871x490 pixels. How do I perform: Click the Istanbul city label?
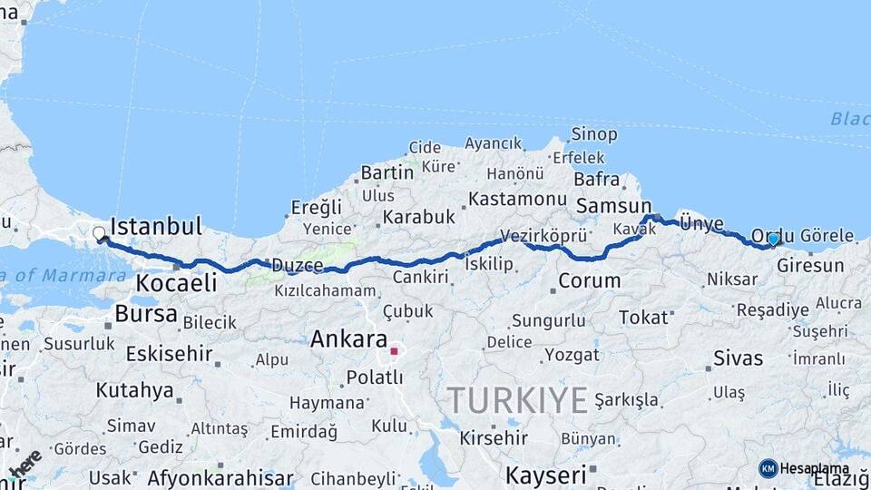[x=155, y=226]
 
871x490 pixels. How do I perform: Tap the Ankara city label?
[x=348, y=339]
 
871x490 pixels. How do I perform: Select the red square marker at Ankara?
[x=394, y=350]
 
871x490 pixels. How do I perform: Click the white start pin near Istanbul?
[x=99, y=234]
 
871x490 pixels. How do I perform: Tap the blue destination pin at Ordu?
[x=773, y=240]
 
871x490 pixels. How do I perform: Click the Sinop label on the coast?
[x=594, y=134]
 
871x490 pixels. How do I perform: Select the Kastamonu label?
[x=518, y=198]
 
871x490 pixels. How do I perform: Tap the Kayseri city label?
[x=545, y=475]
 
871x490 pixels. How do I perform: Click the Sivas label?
[x=738, y=358]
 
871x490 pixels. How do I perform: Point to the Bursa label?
[x=146, y=314]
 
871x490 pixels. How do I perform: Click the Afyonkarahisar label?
[x=220, y=477]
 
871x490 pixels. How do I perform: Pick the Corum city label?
[x=589, y=280]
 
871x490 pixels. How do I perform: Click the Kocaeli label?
[x=176, y=283]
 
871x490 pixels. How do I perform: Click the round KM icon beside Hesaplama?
[x=768, y=468]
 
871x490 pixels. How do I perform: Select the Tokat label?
[x=643, y=317]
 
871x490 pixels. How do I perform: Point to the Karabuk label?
[x=417, y=217]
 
